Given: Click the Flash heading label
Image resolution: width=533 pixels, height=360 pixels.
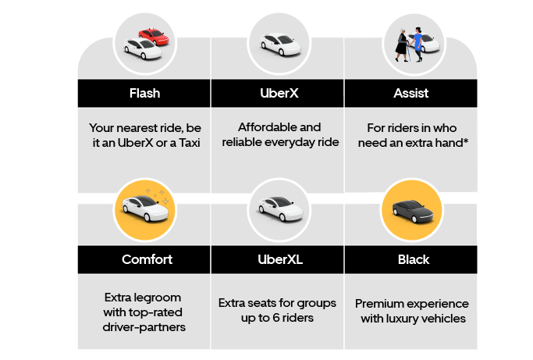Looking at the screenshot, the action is (x=144, y=93).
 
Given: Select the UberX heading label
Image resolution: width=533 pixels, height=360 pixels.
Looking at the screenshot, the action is (x=279, y=93).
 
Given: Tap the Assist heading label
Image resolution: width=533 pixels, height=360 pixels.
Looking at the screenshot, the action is (x=411, y=93).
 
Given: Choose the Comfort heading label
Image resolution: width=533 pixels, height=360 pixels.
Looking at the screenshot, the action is (x=147, y=259).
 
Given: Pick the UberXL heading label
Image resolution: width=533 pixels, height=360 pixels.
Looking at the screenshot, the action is (x=280, y=259).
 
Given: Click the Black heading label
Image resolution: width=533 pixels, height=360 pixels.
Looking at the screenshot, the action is (x=414, y=259).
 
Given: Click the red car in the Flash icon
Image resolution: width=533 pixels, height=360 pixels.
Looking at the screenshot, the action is (x=154, y=37).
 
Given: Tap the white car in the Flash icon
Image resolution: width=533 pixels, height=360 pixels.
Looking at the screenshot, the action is (x=143, y=48).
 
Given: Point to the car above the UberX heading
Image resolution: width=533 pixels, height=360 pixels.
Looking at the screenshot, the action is (x=280, y=44).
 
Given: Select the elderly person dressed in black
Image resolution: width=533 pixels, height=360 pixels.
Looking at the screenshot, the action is (x=402, y=45).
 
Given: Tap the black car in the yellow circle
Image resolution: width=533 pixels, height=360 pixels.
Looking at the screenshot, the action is (x=412, y=212).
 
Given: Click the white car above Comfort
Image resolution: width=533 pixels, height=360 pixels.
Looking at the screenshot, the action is (x=145, y=209).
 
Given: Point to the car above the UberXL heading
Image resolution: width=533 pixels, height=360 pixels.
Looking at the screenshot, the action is (x=280, y=209).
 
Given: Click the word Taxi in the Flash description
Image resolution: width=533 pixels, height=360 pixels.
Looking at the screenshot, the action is (x=190, y=143).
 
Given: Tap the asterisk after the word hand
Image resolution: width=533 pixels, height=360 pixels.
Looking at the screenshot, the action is (x=466, y=141).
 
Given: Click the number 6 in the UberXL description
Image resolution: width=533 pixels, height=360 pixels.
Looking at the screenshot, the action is (x=276, y=318).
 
